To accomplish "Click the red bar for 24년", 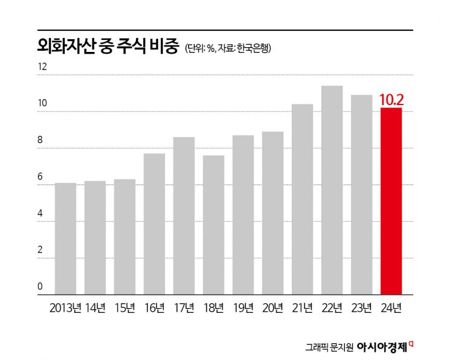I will (391, 201).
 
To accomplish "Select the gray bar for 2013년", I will (65, 239).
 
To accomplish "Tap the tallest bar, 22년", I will (332, 190).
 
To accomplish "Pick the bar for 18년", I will (213, 225).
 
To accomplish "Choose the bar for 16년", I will (154, 224).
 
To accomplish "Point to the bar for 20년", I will (272, 213).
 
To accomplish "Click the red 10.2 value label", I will (391, 99).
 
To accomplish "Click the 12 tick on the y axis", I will (42, 67).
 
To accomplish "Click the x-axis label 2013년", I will (65, 308).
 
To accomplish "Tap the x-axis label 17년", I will (184, 308).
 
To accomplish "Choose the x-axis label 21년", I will (302, 308).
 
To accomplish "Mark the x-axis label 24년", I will (391, 308).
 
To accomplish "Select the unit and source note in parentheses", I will (228, 49).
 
